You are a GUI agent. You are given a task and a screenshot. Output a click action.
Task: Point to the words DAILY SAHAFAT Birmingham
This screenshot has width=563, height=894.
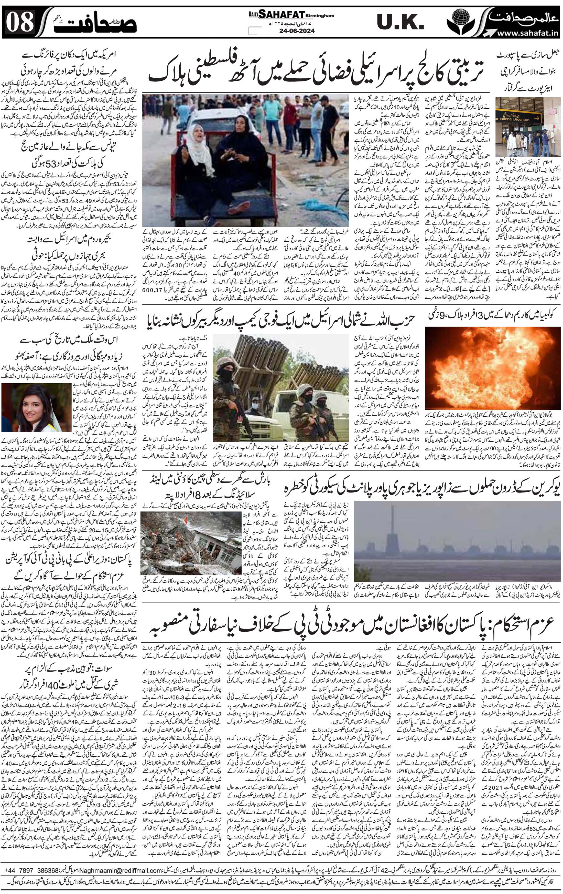[x=291, y=15]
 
